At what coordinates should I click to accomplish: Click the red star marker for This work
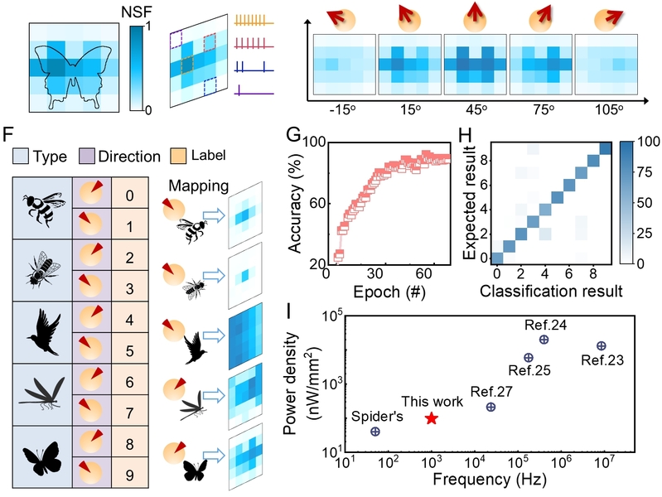click(431, 418)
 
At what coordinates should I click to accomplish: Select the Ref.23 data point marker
click(602, 345)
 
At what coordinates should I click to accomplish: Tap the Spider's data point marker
click(375, 432)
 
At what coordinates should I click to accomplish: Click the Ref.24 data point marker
click(544, 339)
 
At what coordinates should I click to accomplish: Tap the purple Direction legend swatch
click(76, 155)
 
